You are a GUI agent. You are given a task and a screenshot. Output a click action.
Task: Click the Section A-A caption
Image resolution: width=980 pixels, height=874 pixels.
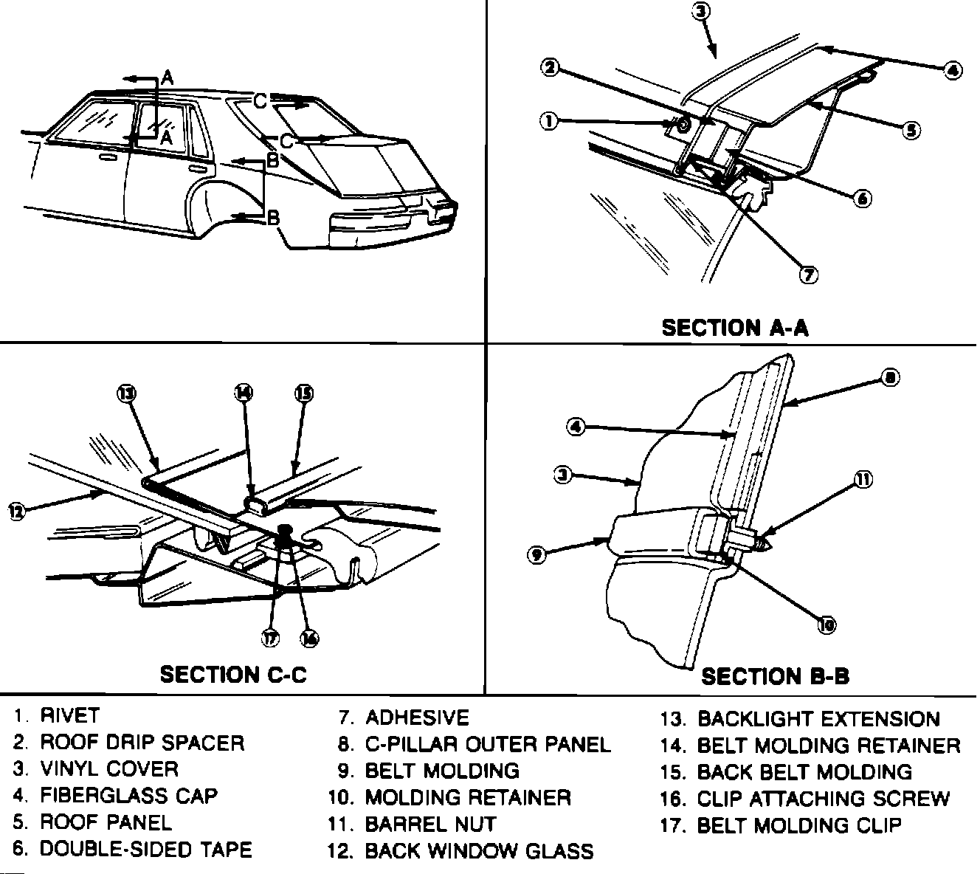coord(735,327)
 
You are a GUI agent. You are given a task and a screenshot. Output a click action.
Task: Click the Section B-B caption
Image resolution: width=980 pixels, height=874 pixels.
coord(775,675)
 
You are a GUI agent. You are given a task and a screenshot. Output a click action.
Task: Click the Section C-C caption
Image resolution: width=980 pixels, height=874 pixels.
coord(233,674)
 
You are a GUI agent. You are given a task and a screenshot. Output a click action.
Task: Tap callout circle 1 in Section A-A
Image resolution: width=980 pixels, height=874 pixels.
coord(548,121)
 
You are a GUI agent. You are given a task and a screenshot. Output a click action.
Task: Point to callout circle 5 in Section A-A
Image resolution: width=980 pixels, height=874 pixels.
coord(911,130)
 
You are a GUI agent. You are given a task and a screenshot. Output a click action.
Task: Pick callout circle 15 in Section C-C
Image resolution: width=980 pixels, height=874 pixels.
coord(303,393)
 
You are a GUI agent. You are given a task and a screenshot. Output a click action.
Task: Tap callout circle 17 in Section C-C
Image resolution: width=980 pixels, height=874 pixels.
coord(272,639)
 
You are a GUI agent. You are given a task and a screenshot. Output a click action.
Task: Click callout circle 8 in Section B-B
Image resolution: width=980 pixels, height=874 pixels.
coord(891,378)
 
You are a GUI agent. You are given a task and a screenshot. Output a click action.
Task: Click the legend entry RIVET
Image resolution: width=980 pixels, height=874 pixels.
coord(69,715)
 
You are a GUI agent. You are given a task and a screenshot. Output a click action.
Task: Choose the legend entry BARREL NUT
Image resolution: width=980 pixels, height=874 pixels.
coord(431,824)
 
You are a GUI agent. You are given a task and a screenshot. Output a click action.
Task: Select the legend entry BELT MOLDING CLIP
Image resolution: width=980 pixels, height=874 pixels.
coord(799,825)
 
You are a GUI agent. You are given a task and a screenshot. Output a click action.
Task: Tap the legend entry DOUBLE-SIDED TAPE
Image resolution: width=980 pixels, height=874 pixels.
coord(145,849)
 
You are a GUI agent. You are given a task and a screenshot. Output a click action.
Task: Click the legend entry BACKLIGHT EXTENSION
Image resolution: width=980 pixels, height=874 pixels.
coord(818,718)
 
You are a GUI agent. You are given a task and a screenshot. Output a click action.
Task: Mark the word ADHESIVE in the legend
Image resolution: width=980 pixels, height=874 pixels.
coord(417,718)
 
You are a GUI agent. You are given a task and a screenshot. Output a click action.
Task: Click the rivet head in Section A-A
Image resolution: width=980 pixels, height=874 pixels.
coord(683,125)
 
